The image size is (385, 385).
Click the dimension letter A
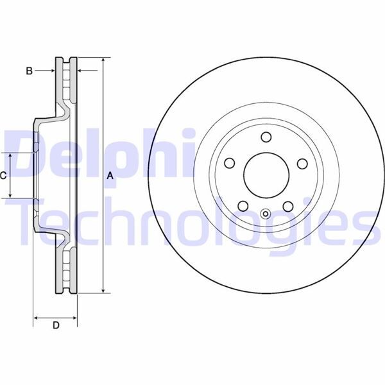[110, 175]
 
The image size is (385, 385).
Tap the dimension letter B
[29, 71]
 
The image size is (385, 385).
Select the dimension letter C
[4, 175]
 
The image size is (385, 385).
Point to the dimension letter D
[56, 326]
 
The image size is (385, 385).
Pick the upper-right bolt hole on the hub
[301, 162]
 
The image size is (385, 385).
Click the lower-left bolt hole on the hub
[243, 205]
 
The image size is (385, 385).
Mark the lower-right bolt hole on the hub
[287, 205]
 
